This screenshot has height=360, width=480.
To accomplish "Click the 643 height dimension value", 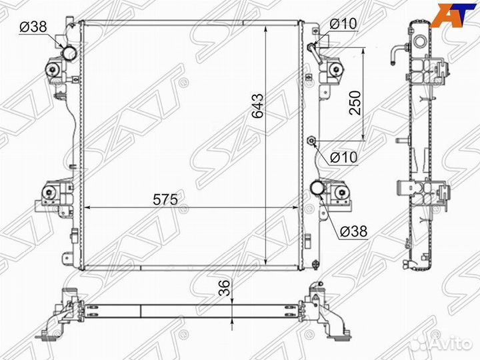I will pos(257,107).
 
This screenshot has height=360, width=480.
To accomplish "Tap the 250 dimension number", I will pos(355,103).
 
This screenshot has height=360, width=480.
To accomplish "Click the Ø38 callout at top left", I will pos(33,27).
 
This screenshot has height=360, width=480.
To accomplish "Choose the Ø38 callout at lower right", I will pos(354,231).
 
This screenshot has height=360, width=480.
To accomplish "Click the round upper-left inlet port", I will pos(68,52).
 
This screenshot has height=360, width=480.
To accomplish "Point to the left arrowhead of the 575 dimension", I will pos(86,207).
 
